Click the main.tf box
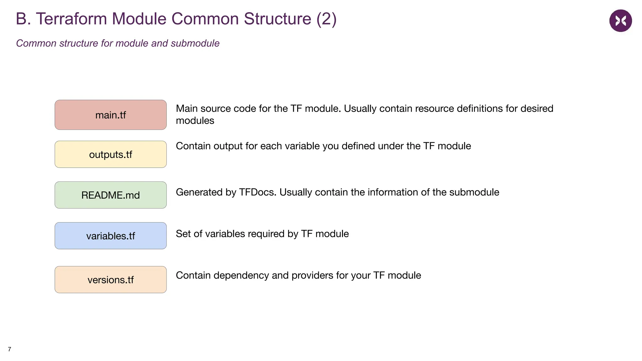coord(110,115)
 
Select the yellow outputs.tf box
coord(110,154)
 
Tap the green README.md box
coord(110,195)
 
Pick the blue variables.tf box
coord(110,236)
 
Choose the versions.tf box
coord(110,280)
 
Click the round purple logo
coord(620,21)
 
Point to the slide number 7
coord(9,349)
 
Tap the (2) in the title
coord(326,19)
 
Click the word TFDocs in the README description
coord(257,192)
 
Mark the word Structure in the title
coord(277,19)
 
